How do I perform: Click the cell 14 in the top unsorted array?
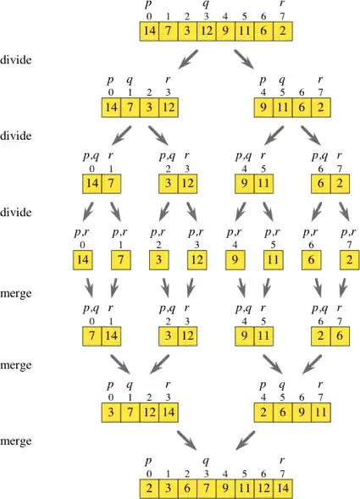149,32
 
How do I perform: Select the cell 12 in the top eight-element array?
207,32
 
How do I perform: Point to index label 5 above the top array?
245,17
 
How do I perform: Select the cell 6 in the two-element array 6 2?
320,181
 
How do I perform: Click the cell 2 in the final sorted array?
149,489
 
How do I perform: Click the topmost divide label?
16,62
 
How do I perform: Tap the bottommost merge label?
16,442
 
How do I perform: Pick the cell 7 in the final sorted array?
207,489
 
